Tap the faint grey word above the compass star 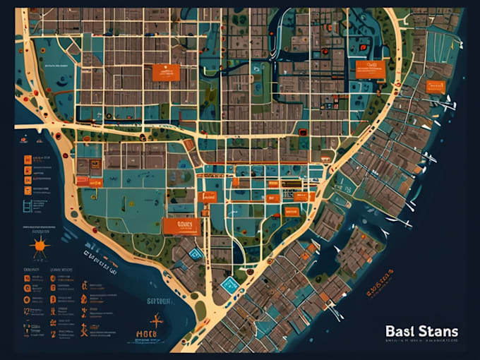pos(158,300)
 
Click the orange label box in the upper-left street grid pos(166,71)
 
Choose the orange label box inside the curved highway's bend pos(368,68)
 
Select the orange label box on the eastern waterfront pos(435,86)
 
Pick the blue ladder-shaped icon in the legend pos(28,205)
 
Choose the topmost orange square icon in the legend pos(28,160)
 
